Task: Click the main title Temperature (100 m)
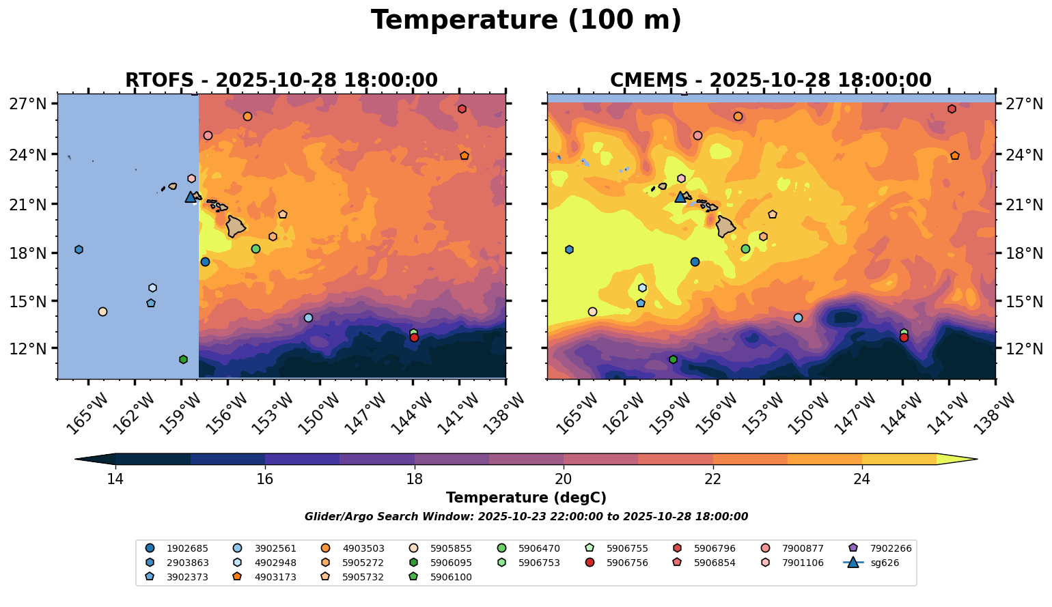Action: [526, 20]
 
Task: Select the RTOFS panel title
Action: [281, 81]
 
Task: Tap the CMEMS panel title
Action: [771, 81]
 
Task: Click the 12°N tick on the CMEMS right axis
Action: [1023, 348]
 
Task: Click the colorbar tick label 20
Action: [564, 479]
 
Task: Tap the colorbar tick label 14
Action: [115, 479]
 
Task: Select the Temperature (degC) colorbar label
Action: [526, 498]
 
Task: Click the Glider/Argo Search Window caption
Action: [526, 517]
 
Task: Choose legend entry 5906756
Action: [626, 563]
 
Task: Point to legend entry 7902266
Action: [889, 548]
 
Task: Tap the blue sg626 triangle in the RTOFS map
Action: [191, 197]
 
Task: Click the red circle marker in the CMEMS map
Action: [904, 337]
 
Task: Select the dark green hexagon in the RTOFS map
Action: [183, 360]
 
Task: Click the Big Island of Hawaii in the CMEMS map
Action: [725, 226]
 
